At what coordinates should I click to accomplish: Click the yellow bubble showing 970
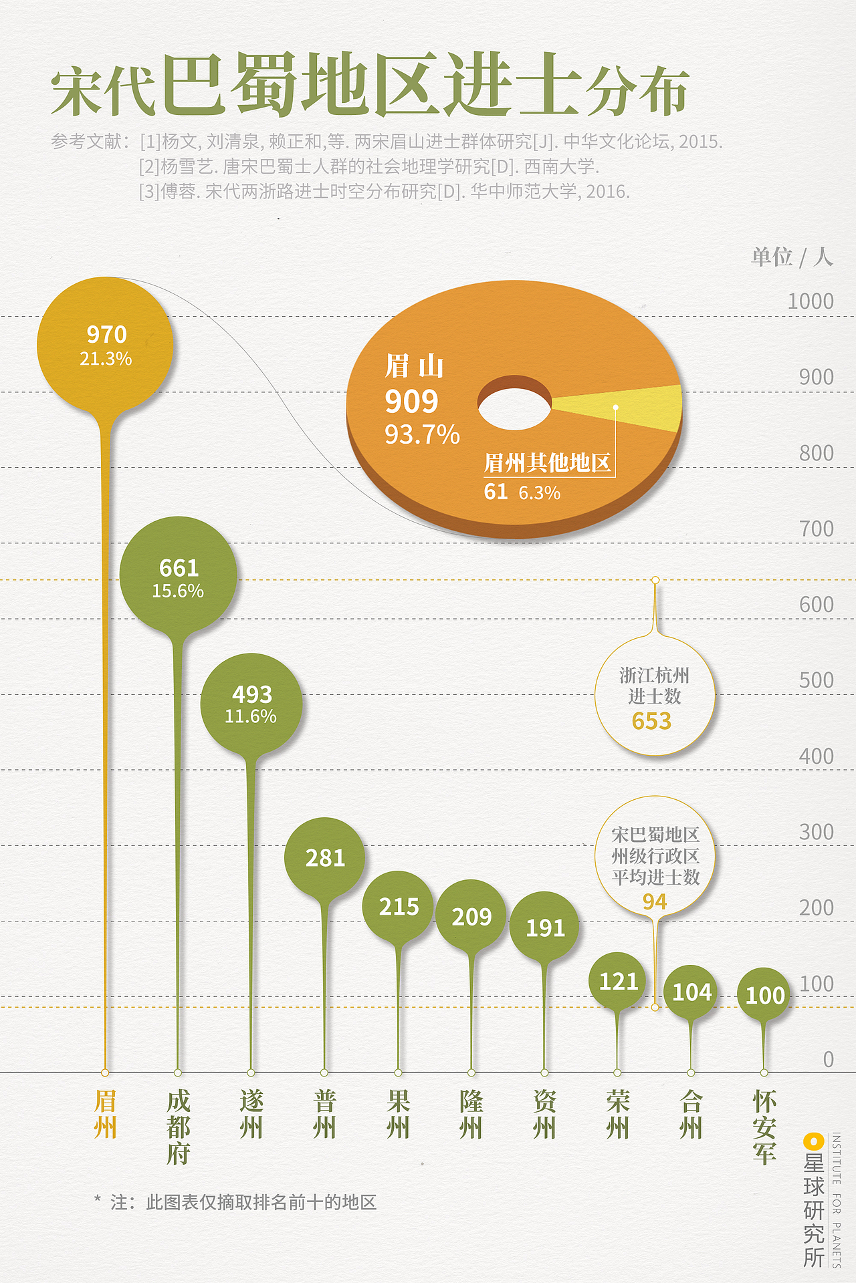[106, 344]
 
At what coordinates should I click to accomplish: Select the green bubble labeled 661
[178, 575]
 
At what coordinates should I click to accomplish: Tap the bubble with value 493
[251, 703]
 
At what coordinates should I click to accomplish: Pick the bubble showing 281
[324, 857]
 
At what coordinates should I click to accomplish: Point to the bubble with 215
[399, 907]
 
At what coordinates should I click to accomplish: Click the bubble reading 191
[545, 928]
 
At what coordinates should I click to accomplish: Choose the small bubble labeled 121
[618, 981]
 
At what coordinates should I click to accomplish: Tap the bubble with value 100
[764, 995]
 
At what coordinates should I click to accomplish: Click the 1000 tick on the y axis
[810, 301]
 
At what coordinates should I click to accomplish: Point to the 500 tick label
[816, 680]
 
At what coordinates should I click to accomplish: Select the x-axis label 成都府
[179, 1127]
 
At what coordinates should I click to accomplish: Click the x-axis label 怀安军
[764, 1127]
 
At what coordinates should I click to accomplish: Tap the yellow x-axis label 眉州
[105, 1114]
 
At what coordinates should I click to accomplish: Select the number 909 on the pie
[411, 402]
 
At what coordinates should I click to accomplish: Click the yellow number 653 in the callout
[651, 721]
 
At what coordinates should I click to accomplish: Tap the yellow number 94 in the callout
[655, 901]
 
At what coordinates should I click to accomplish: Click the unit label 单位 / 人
[791, 257]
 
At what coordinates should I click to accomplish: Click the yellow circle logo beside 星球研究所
[813, 1142]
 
